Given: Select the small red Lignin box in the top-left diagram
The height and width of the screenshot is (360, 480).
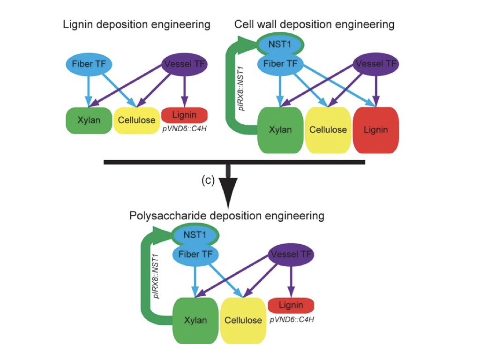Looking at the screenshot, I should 184,115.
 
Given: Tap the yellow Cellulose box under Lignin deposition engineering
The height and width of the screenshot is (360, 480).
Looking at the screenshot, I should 136,120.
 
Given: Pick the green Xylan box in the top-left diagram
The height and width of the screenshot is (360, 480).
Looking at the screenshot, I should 89,120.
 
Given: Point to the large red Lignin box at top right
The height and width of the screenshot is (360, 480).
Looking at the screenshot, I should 375,129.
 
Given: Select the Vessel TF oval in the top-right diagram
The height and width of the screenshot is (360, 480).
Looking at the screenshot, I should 376,64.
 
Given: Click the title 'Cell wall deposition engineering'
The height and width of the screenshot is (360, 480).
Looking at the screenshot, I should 314,24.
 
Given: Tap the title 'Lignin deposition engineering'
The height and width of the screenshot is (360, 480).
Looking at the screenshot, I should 136,24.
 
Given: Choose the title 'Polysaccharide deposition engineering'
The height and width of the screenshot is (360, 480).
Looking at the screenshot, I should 227,216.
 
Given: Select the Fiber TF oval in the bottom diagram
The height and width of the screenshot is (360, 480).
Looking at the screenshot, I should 194,255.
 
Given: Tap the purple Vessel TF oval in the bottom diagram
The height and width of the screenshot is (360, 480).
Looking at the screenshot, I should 291,255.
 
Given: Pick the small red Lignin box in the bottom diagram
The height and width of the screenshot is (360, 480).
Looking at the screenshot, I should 291,306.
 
